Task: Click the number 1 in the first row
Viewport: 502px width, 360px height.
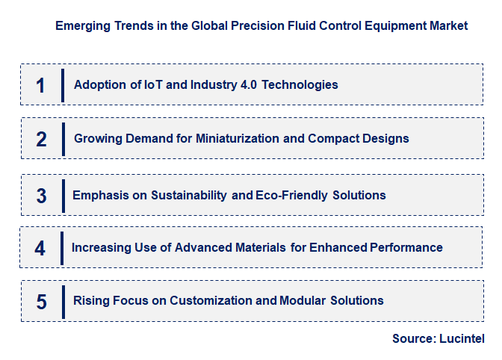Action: (40, 85)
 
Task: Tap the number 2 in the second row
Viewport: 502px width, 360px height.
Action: (41, 139)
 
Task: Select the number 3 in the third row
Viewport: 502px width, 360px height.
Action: (41, 196)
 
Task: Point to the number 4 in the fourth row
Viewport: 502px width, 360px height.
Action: (40, 248)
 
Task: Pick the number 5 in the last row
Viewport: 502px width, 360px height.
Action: (41, 302)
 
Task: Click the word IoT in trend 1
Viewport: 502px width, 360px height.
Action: (152, 84)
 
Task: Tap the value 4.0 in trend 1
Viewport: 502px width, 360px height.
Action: (248, 84)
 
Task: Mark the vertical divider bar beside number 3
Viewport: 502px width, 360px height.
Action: (63, 196)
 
